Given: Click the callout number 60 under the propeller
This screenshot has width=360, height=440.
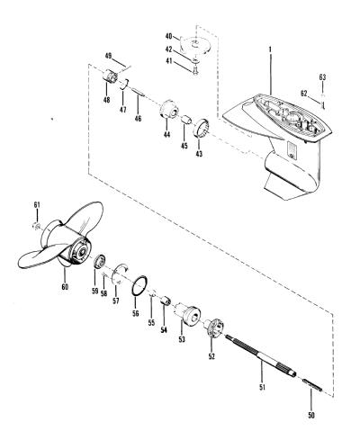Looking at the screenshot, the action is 65,286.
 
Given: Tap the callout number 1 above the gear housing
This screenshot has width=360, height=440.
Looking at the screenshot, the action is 270,49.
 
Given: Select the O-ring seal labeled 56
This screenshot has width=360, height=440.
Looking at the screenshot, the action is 139,286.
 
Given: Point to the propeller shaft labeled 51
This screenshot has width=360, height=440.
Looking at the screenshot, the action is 260,355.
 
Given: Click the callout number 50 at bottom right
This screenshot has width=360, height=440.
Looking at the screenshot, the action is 311,415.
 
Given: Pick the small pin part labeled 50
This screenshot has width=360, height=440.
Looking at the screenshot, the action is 312,384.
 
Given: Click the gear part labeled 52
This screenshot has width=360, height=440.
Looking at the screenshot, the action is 214,328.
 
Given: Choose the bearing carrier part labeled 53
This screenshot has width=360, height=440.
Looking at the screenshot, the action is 187,315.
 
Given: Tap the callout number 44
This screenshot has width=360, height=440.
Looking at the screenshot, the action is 166,134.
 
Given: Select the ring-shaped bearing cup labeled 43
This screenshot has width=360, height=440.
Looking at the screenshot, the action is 202,128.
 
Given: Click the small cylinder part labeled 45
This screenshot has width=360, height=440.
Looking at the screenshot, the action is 186,121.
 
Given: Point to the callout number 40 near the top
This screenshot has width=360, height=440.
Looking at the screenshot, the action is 169,36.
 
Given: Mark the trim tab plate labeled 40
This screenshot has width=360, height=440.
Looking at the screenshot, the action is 195,45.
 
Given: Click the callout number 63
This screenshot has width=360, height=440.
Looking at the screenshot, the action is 322,77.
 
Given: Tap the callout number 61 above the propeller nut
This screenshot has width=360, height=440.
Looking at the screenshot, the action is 37,205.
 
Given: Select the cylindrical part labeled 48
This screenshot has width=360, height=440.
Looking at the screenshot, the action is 110,76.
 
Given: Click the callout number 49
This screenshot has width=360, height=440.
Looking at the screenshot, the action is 108,56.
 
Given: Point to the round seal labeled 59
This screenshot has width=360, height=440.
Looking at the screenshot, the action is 100,261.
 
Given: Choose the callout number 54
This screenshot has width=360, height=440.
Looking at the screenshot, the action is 164,329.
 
